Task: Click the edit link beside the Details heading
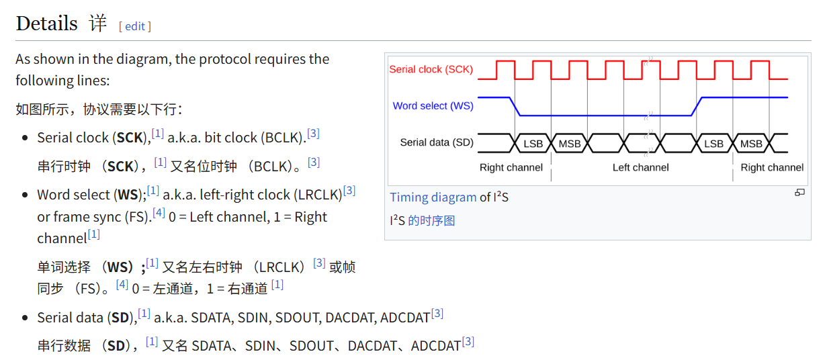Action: click(x=134, y=26)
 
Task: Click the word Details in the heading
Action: click(x=46, y=24)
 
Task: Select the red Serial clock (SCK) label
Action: click(x=431, y=69)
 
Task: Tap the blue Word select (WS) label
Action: click(x=433, y=105)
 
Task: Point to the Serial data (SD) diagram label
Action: click(x=436, y=142)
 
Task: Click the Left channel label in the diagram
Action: click(x=640, y=167)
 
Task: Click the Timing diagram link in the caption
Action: click(x=433, y=197)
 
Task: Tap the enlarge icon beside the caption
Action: click(x=799, y=193)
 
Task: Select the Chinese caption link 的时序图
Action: click(x=431, y=220)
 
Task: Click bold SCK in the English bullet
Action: click(x=130, y=138)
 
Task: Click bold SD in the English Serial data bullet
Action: click(x=120, y=318)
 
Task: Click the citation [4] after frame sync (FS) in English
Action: click(x=159, y=213)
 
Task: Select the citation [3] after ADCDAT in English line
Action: click(x=437, y=314)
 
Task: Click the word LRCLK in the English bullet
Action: click(x=318, y=195)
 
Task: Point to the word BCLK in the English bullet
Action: click(x=283, y=138)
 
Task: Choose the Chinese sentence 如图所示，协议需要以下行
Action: click(x=98, y=109)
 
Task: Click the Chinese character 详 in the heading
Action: click(x=98, y=24)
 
